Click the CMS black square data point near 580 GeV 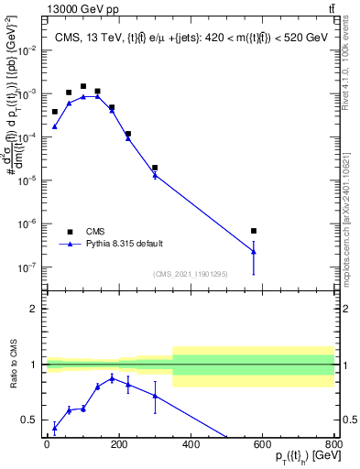tap(254, 231)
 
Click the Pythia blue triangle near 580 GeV tap(254, 250)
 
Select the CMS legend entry tap(95, 232)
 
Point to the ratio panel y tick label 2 tap(34, 309)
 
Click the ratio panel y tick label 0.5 tap(29, 420)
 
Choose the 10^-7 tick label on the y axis tap(28, 267)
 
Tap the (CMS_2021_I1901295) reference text tap(190, 274)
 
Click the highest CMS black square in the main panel tap(83, 86)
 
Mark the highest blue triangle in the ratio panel tap(112, 377)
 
